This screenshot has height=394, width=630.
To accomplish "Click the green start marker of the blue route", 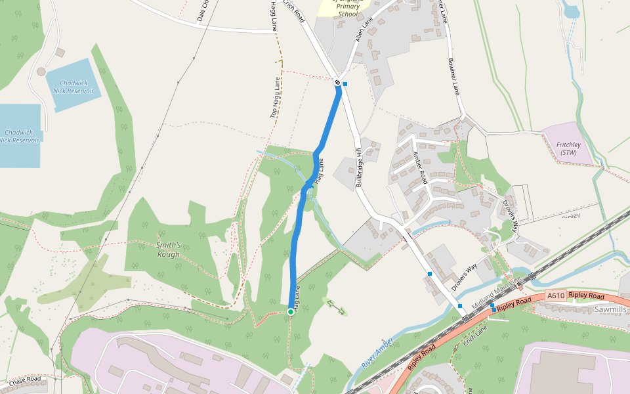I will click(290, 311).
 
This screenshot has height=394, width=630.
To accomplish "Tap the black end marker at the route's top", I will click(337, 82).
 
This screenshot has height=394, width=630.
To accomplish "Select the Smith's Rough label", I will click(169, 250).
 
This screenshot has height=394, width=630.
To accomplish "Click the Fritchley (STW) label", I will click(566, 148).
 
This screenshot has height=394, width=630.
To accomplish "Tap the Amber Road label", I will click(420, 167).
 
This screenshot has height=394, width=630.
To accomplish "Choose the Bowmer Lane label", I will click(452, 76).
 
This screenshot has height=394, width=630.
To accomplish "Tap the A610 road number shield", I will click(555, 296).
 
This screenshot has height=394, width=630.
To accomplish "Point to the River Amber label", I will click(377, 355).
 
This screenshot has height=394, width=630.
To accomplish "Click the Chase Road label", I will click(24, 380).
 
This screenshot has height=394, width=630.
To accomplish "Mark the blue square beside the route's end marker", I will click(345, 83).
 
